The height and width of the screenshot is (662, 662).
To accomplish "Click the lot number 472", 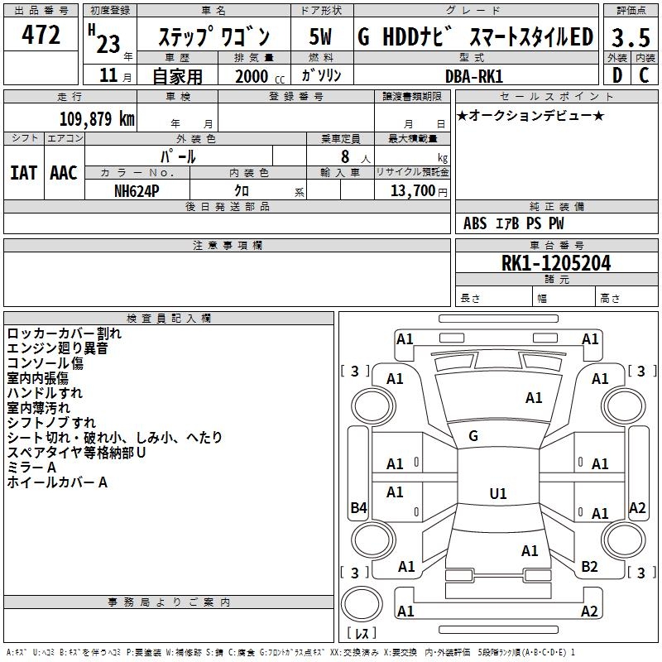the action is tap(41, 36).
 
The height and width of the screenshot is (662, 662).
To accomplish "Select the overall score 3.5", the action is tap(630, 38).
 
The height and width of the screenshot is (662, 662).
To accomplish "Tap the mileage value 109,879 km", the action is tap(97, 118).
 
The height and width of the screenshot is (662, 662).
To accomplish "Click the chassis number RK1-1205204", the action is tap(556, 263).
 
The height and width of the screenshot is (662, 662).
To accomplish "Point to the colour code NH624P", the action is tap(137, 190).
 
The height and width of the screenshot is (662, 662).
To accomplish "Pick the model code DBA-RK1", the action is tap(473, 76).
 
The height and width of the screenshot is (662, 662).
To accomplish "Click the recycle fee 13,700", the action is tap(412, 190).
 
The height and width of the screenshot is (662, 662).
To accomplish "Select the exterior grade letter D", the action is tap(616, 76).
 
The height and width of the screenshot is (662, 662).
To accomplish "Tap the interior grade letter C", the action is tap(643, 76).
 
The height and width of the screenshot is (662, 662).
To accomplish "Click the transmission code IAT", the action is tap(23, 173).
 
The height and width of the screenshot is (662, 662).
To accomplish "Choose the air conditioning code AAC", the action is tap(64, 173).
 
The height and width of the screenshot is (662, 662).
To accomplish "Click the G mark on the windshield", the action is tap(473, 436).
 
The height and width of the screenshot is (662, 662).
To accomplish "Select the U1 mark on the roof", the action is tap(497, 494).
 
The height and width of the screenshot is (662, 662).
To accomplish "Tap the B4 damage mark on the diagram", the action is tap(358, 508).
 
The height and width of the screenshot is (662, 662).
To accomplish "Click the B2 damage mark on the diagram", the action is tap(589, 567).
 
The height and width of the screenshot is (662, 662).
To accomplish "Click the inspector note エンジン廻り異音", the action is tap(57, 348).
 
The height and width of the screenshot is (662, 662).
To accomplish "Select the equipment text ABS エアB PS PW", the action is tap(514, 223).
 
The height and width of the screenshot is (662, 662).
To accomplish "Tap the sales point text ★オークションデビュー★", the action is tap(530, 115).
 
